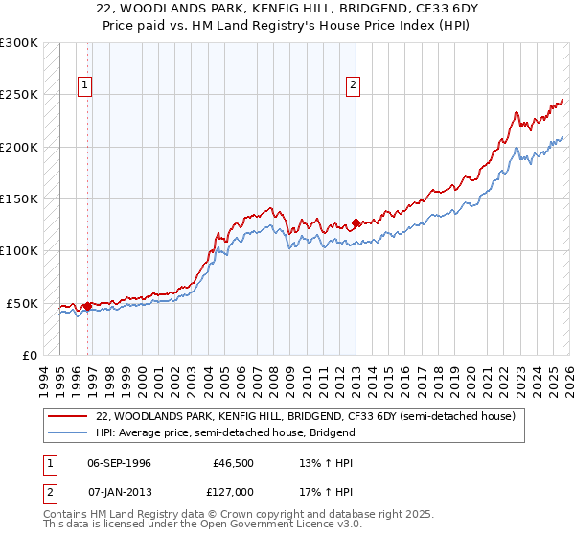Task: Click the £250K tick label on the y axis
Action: [x=19, y=95]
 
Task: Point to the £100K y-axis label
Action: [x=19, y=251]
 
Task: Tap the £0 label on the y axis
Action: [x=30, y=355]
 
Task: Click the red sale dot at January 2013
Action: [x=356, y=223]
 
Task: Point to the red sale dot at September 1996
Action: [x=87, y=307]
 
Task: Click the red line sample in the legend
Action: [x=68, y=417]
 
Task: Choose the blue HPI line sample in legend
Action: [x=68, y=432]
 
